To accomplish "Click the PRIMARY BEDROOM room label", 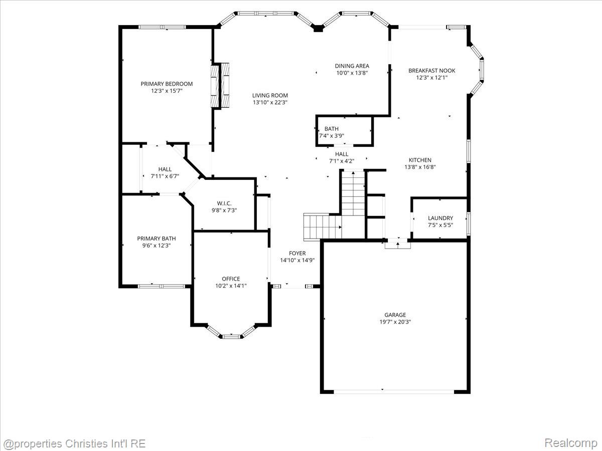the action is tap(167, 84).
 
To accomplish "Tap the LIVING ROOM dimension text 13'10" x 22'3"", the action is tap(270, 102).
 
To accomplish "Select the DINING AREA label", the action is tap(352, 66).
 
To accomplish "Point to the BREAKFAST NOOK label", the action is tap(432, 71).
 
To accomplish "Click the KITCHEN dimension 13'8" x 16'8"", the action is tap(420, 167).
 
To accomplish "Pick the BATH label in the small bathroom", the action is tap(331, 129).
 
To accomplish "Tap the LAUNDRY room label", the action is tap(440, 218).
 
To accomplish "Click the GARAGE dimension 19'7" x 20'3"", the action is tap(395, 322).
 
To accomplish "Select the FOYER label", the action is tap(297, 253).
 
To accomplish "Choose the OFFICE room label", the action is tap(231, 279).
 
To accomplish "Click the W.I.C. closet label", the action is tap(224, 203).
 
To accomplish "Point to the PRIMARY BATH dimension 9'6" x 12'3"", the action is tap(157, 246).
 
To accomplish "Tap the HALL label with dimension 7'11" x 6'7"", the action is tap(165, 169).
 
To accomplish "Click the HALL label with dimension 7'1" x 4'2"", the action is tap(342, 154).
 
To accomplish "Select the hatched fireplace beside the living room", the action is tap(220, 85).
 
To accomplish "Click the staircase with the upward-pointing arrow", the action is tap(353, 193).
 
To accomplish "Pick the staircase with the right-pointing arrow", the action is tap(323, 227).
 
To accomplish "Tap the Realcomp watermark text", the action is tap(571, 442).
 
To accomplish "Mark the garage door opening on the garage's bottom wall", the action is tap(394, 392).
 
